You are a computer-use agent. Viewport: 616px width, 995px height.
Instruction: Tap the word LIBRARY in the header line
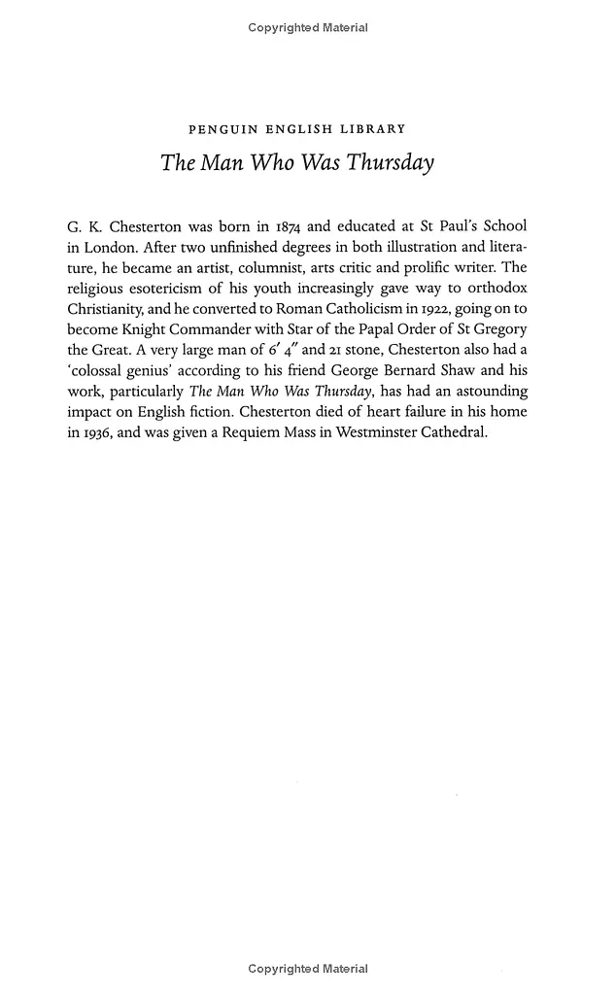[x=373, y=128]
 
